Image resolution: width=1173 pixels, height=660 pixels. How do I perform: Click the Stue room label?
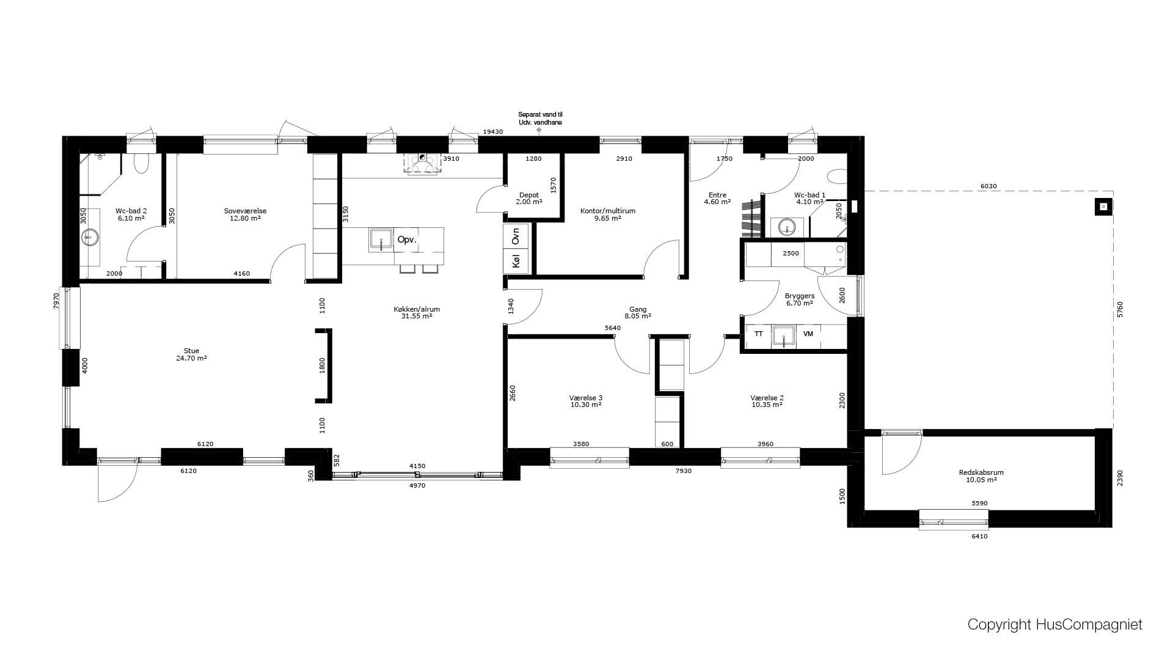[x=191, y=354]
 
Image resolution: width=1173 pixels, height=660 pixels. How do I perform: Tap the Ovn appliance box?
[x=516, y=237]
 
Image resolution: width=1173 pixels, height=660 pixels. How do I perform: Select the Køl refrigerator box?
[x=516, y=262]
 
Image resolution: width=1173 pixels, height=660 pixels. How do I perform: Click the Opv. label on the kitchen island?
[x=407, y=240]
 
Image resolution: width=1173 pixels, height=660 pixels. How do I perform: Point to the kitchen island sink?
[x=381, y=239]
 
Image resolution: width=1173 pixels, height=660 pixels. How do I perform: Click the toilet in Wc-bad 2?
[x=141, y=163]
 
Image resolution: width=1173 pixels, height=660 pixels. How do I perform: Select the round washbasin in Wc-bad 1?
[x=787, y=227]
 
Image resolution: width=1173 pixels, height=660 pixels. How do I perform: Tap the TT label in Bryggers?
[x=758, y=334]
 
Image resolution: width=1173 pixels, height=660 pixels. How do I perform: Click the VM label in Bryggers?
[x=808, y=334]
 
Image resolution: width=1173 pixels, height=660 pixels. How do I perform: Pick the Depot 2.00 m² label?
[x=529, y=199]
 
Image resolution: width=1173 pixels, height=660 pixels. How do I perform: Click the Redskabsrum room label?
[x=981, y=476]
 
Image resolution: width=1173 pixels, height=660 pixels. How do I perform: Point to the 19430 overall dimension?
[x=493, y=132]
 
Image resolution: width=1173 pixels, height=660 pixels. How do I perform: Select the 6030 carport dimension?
[x=988, y=186]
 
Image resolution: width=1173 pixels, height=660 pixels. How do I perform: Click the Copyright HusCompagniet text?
[x=1054, y=625]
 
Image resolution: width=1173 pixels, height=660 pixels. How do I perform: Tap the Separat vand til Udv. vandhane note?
[x=540, y=119]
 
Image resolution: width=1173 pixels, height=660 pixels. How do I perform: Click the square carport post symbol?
[x=1103, y=207]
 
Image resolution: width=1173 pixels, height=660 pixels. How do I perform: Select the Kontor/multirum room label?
[x=607, y=215]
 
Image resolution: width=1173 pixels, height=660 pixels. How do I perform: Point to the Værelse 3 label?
[x=586, y=401]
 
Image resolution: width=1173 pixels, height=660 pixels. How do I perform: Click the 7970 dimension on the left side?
[x=56, y=301]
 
